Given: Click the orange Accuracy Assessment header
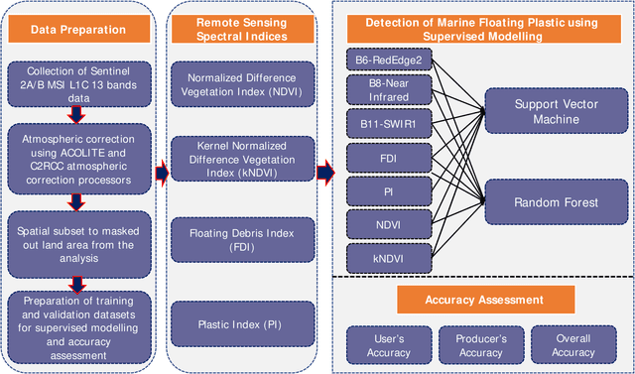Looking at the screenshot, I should [484, 299].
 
